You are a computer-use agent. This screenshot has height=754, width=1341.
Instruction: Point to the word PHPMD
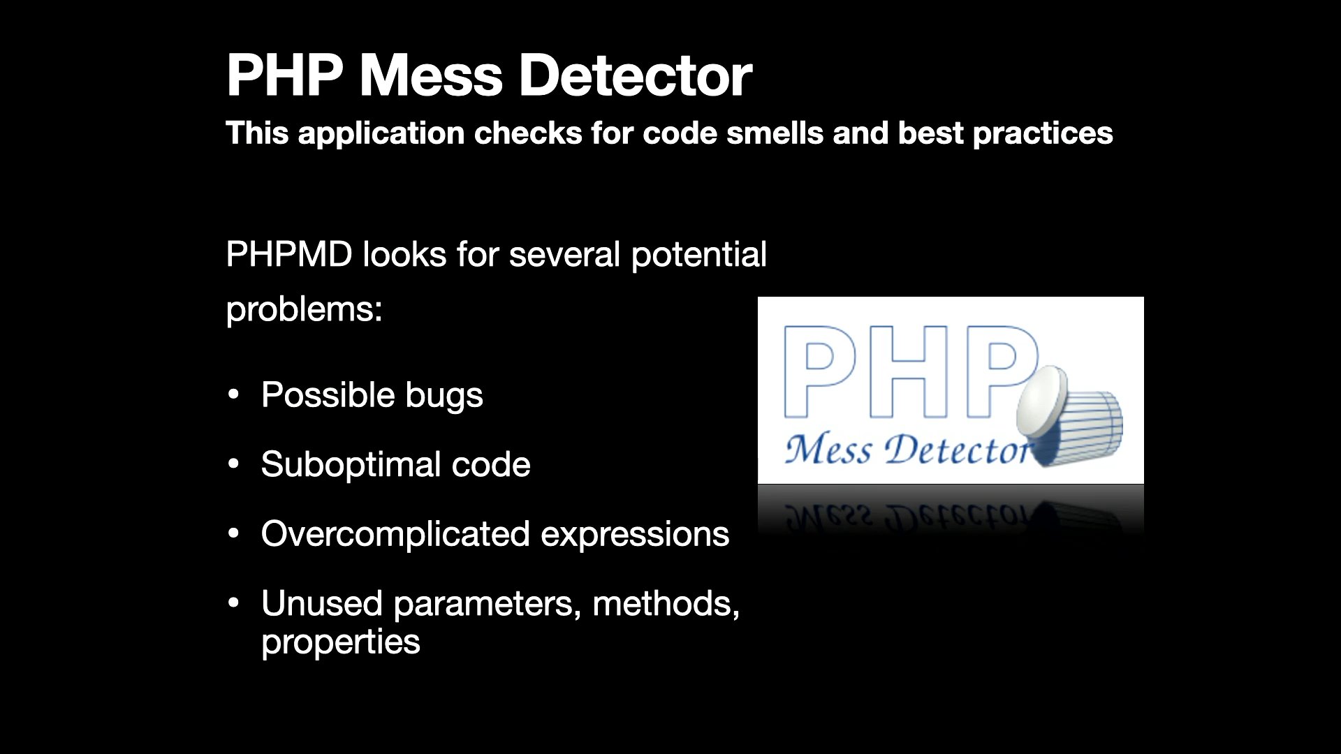[289, 254]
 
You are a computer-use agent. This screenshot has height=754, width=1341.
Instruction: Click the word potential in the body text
[699, 255]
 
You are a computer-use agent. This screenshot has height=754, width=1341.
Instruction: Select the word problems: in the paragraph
[305, 309]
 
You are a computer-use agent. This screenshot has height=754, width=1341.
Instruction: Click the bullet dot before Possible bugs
[234, 394]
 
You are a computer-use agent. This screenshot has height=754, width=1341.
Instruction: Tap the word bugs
[444, 397]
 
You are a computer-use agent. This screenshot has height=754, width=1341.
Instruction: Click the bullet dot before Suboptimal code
[234, 464]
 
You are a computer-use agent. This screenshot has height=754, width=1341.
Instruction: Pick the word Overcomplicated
[395, 535]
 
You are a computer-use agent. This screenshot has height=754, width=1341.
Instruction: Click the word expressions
[635, 536]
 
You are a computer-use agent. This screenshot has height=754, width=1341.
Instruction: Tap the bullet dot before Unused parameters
[234, 603]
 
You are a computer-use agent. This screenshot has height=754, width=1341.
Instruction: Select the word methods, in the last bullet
[666, 604]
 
